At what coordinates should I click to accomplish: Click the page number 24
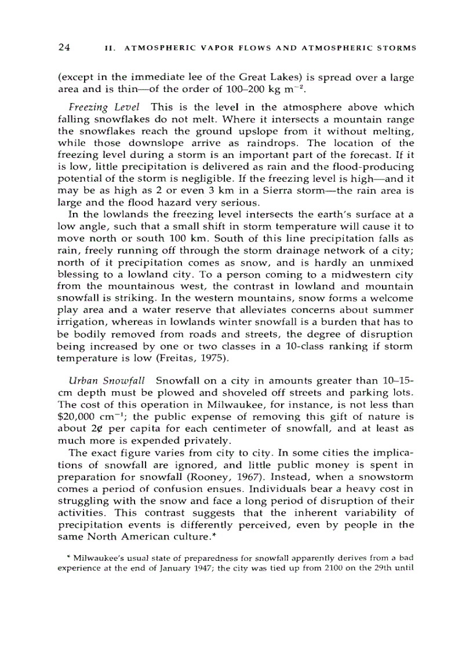[x=64, y=47]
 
